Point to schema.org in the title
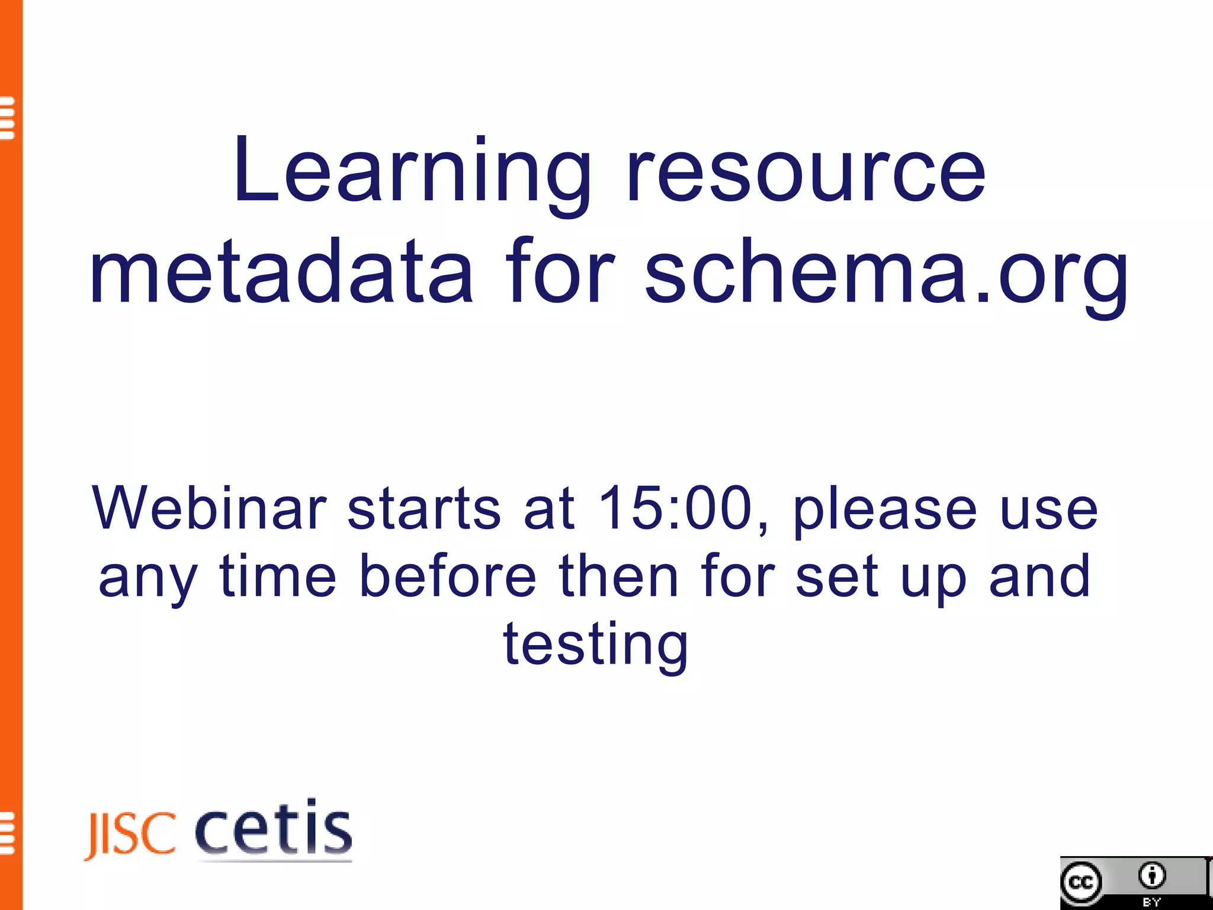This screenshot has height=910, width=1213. pos(886,274)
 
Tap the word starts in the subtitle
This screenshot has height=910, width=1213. pos(424,508)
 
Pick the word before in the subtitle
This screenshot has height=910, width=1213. pos(448,575)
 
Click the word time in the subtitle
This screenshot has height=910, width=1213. pos(278,575)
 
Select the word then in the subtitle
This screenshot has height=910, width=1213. pos(618,575)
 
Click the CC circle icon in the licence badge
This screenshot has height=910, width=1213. pos(1082,883)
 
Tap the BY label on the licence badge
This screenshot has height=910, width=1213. pos(1151,902)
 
